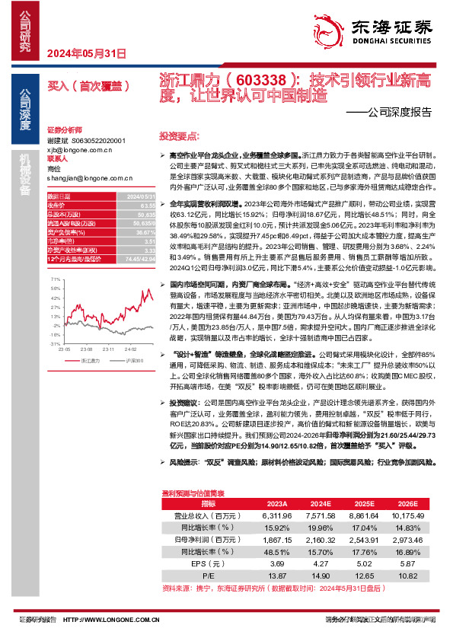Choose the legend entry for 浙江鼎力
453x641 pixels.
tap(85, 359)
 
